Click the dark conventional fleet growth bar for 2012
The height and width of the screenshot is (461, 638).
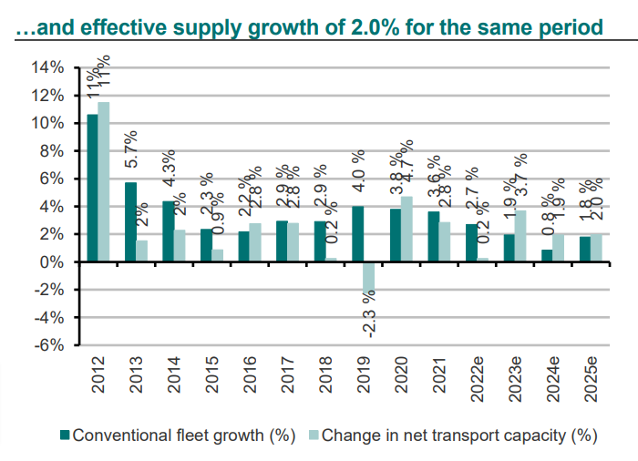pos(92,189)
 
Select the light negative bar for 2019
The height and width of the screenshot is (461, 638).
pos(368,278)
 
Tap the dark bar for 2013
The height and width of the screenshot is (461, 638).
pos(130,222)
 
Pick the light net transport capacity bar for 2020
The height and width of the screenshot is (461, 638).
pos(406,230)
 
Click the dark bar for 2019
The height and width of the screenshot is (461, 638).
pos(357,234)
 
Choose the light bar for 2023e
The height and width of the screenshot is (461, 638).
pos(520,236)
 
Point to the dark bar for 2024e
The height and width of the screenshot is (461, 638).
pos(547,256)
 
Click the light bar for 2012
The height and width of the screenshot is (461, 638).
pos(104,182)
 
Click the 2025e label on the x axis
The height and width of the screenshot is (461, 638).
pos(591,380)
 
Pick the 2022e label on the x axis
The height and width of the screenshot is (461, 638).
pos(477,380)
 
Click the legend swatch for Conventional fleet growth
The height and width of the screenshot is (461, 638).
pos(65,435)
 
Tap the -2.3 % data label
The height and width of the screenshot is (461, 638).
pos(369,313)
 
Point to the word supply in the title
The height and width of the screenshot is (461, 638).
pos(207,27)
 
